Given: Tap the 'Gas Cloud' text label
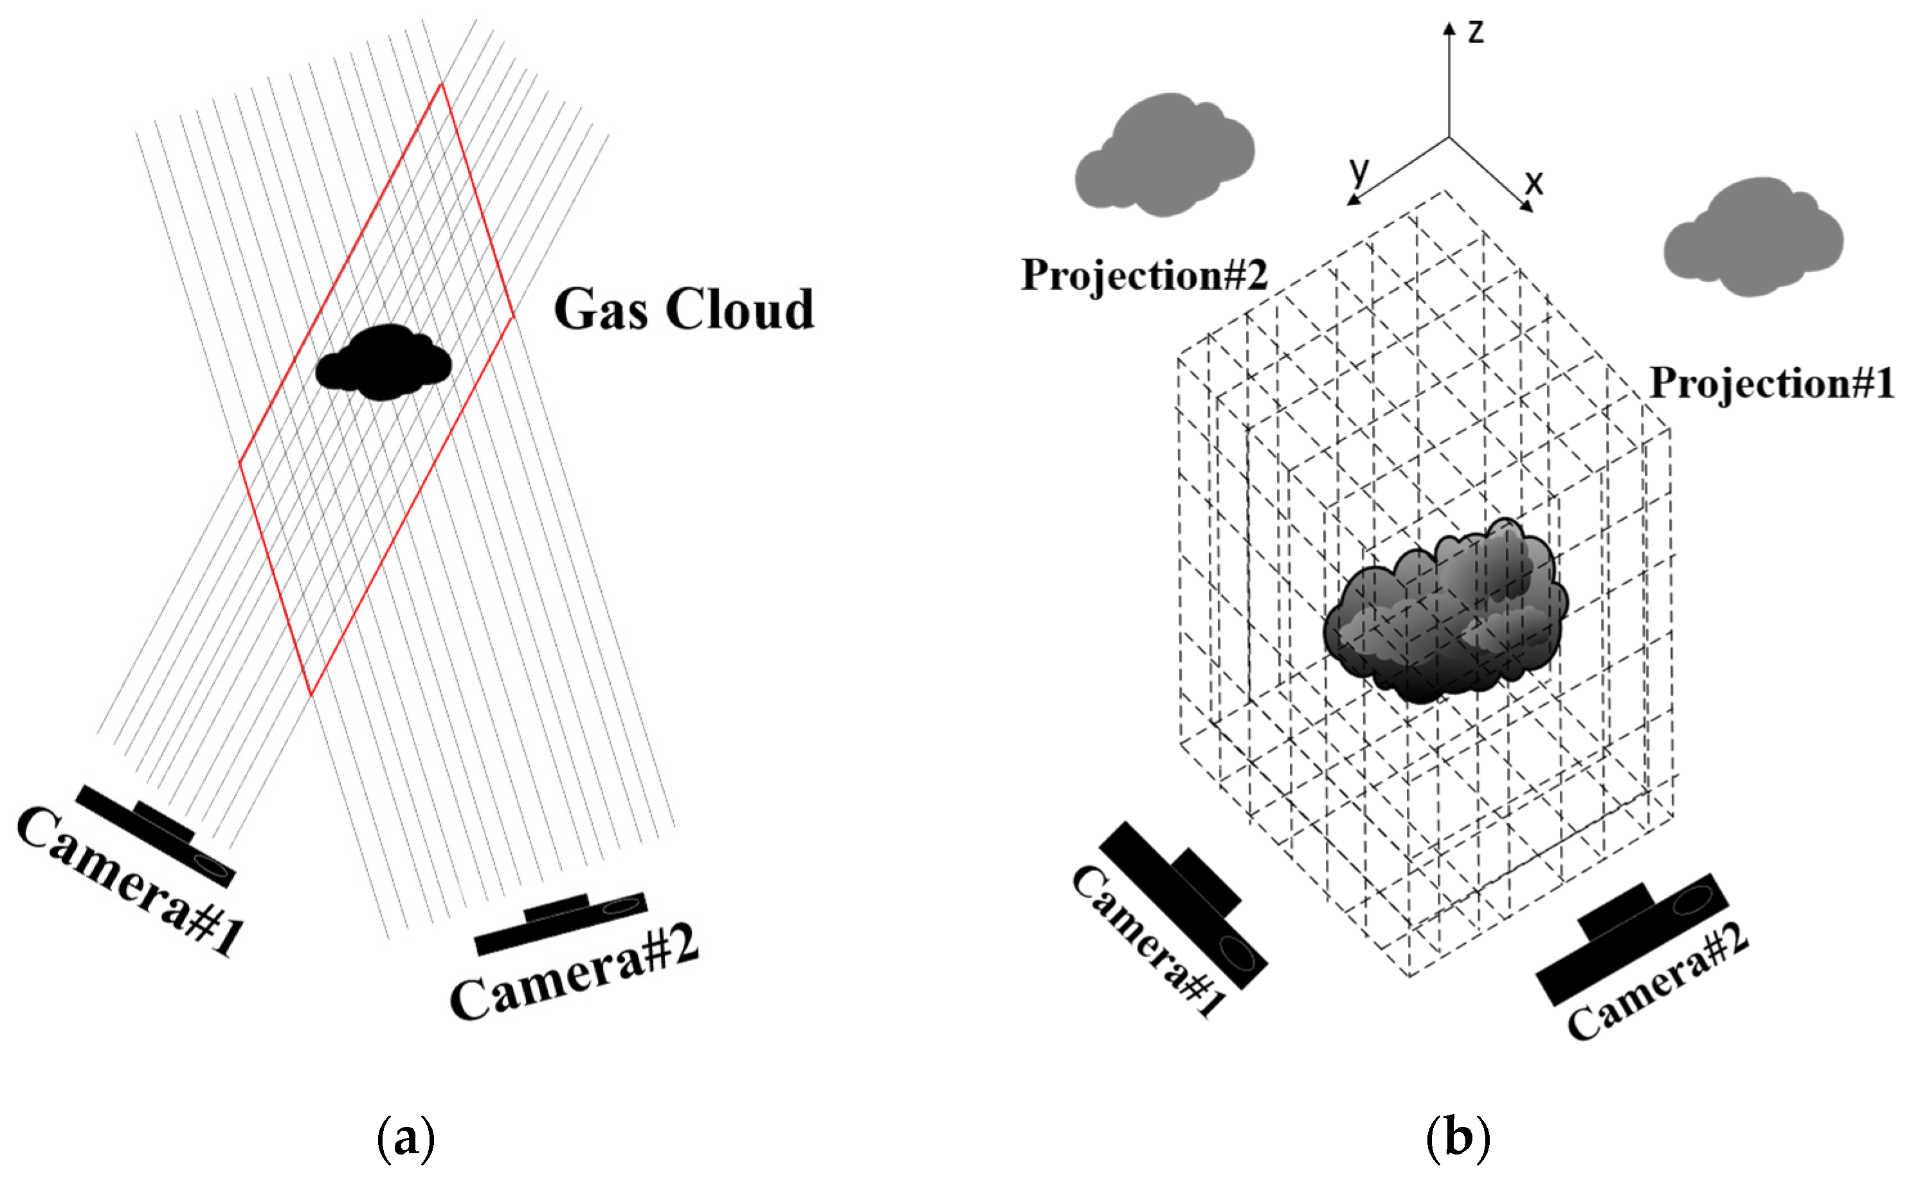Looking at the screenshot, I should [x=683, y=309].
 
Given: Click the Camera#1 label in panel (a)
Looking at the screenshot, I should [x=129, y=883].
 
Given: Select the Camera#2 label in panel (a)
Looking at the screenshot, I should [x=574, y=973].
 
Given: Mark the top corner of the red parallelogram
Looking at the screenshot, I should [x=441, y=84].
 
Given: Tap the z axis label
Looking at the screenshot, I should [x=1476, y=31].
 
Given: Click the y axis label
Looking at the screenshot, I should [x=1359, y=170].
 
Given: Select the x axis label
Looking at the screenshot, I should [x=1533, y=182].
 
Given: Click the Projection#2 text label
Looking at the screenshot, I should [x=1143, y=274].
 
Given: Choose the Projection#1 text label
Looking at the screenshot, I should [x=1771, y=383].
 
